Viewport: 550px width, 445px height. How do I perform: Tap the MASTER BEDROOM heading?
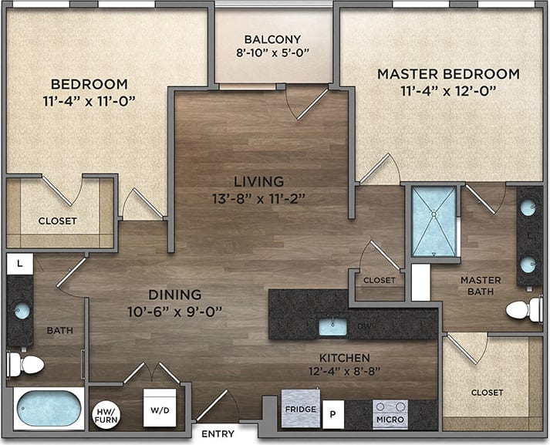[448, 74]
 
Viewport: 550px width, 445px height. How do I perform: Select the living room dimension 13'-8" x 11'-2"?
[259, 197]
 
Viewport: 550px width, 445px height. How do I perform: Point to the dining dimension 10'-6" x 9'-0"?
[175, 312]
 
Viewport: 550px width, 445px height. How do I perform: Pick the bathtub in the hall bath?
[49, 408]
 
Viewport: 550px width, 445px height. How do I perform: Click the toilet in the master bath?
[525, 309]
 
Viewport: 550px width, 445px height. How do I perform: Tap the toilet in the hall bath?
[24, 364]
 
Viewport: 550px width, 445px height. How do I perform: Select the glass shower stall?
[434, 221]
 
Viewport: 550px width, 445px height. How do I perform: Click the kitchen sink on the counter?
[332, 325]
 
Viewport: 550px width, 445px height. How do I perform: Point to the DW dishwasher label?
[363, 327]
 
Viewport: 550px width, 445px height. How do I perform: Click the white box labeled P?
[333, 414]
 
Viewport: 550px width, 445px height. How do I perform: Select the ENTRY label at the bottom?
[218, 434]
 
